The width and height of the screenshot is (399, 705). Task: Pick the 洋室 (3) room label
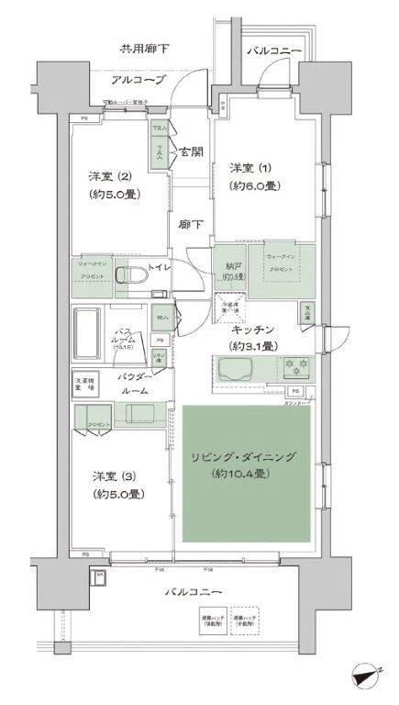[x=112, y=476]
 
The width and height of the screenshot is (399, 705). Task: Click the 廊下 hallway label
[x=191, y=223]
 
